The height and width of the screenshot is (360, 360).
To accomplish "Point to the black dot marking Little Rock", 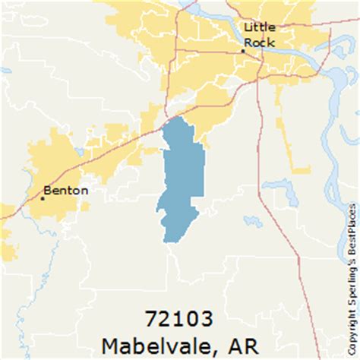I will (243, 50).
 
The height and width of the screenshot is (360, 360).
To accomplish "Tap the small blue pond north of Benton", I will (79, 152).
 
